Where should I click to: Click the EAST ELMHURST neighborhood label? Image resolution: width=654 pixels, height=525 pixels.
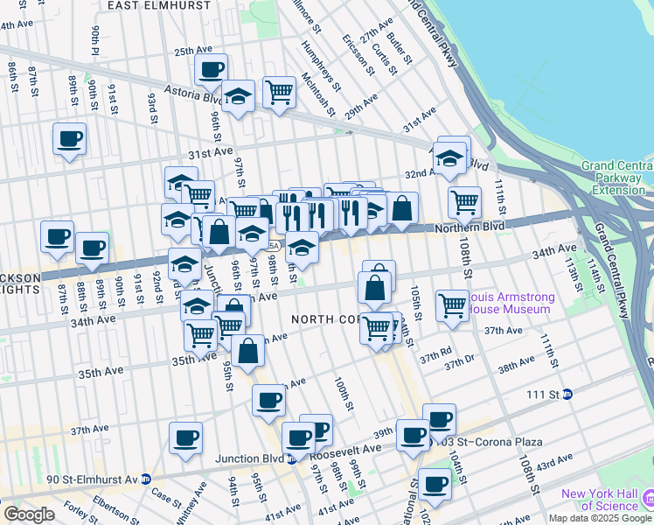[160, 5]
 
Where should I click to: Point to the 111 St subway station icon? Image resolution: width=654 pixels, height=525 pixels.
[567, 394]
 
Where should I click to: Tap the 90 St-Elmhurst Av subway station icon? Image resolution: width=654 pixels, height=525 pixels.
[145, 479]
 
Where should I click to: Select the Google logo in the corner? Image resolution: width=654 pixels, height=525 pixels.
[29, 514]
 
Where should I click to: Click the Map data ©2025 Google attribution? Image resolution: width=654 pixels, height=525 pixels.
[600, 518]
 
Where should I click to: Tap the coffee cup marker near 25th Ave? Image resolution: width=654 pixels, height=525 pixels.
[211, 70]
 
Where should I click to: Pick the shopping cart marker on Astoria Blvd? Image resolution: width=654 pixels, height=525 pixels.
[279, 90]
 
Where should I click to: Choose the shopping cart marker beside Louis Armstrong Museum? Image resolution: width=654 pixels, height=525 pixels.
[452, 306]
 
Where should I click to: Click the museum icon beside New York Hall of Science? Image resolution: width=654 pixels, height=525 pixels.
[647, 500]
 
